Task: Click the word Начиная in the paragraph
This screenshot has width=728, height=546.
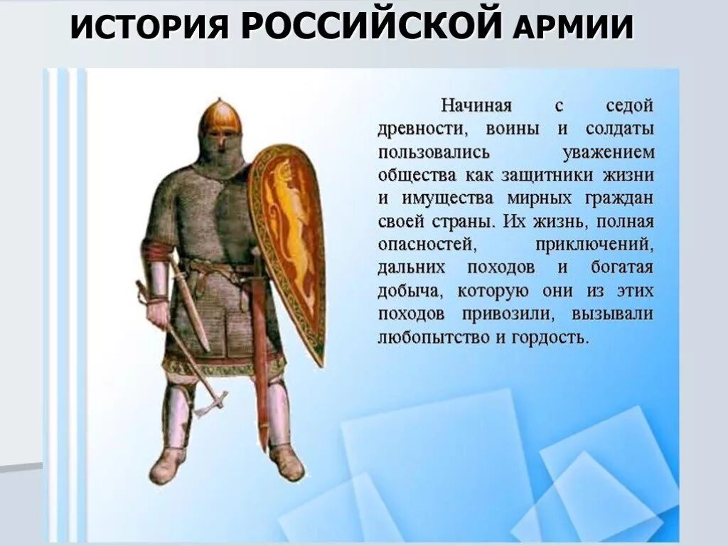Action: (x=476, y=107)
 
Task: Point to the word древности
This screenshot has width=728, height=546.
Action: (x=422, y=129)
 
